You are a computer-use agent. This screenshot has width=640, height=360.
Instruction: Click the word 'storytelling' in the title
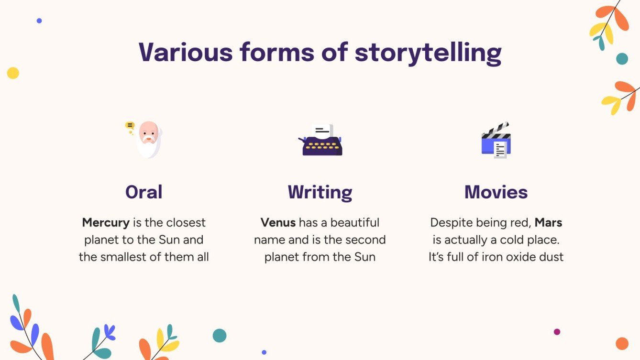(428, 52)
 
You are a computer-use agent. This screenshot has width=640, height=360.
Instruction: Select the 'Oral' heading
(144, 192)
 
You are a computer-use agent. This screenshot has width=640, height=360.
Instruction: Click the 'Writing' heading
(320, 192)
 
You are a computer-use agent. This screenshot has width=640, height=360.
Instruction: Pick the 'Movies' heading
(496, 192)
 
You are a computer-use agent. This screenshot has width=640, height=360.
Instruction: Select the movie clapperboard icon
(496, 140)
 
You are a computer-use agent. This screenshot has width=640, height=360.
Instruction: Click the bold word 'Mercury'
(106, 223)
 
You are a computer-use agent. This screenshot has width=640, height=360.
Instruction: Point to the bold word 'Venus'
(278, 223)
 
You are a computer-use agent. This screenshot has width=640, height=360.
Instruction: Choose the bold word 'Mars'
(548, 223)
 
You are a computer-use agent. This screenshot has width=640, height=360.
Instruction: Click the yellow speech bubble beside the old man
(130, 126)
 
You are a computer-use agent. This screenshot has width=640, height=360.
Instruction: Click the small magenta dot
(557, 332)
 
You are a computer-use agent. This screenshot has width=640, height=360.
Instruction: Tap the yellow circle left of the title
(13, 73)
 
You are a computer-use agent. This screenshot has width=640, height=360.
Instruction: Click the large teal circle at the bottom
(220, 335)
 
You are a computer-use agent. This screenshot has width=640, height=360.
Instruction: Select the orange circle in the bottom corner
(622, 343)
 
